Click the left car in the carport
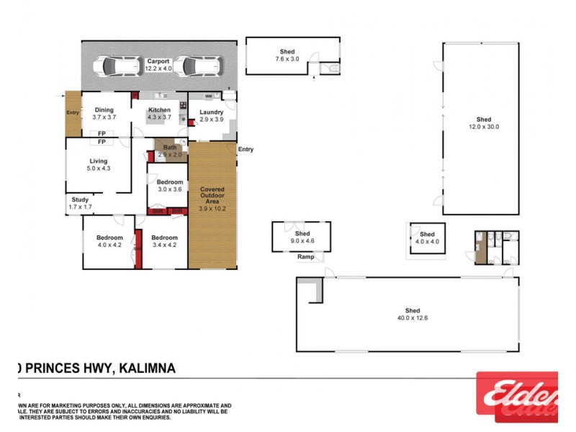click(118, 66)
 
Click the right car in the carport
click(194, 66)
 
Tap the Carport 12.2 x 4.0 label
click(158, 66)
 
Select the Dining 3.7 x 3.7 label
click(104, 114)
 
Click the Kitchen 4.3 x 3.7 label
click(158, 114)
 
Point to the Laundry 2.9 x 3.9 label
click(211, 116)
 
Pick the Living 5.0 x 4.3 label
click(98, 165)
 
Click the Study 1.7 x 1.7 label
click(80, 204)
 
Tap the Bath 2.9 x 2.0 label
click(168, 151)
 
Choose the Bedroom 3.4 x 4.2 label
click(164, 241)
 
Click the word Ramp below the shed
click(305, 257)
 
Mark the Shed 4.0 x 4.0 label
click(427, 238)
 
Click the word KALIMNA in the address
click(147, 369)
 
